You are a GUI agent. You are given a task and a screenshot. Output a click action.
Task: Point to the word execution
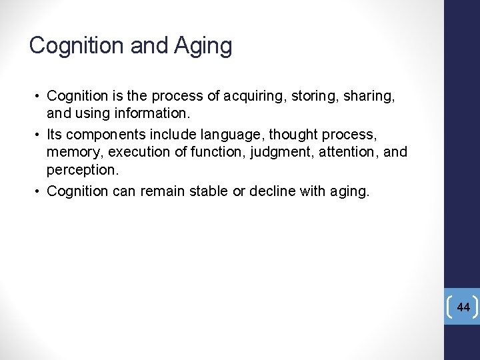click(142, 153)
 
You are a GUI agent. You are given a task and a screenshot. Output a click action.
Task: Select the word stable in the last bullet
click(204, 191)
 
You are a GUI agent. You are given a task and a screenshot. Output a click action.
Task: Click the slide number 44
click(463, 307)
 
